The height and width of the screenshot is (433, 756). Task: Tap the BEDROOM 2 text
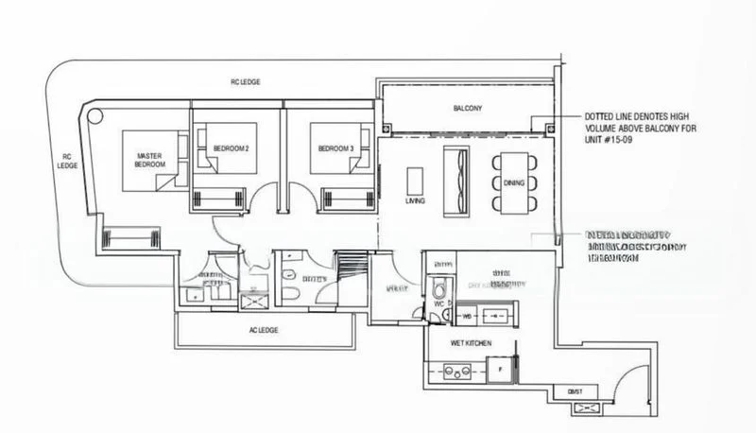point(231,149)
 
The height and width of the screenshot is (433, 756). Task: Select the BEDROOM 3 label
point(334,149)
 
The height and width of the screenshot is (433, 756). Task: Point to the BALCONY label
point(468,109)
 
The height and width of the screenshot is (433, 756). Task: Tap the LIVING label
point(415,201)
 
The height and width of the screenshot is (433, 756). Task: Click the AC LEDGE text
point(262,331)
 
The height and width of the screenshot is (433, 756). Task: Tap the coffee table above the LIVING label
point(415,180)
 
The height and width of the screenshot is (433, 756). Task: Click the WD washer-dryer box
point(466,316)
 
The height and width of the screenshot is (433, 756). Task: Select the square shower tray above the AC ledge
point(254,301)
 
